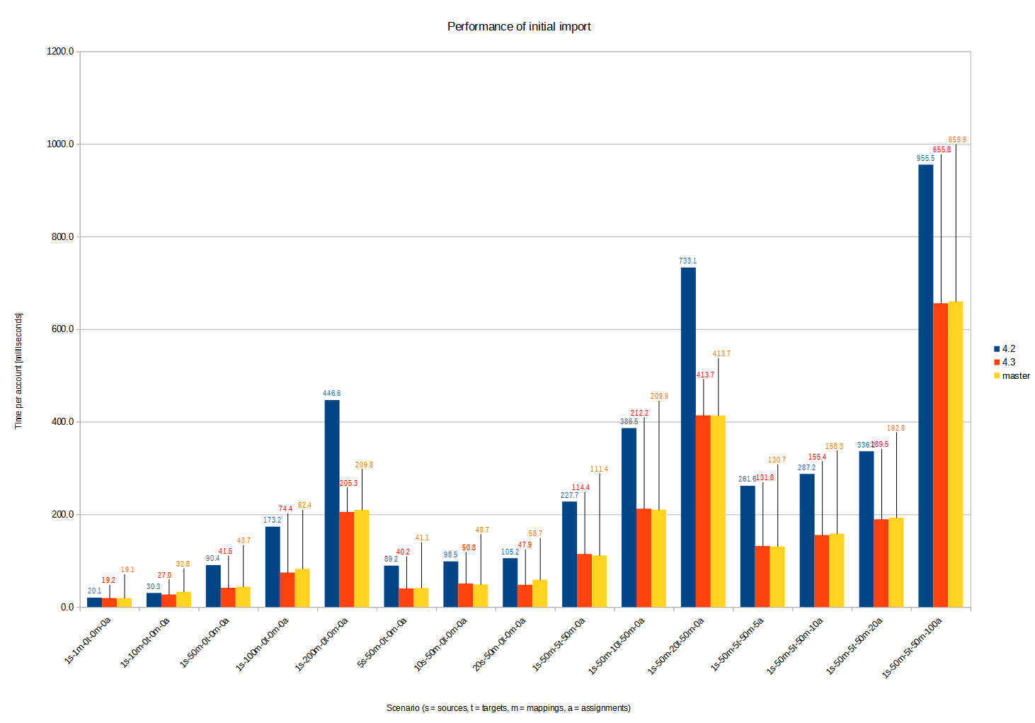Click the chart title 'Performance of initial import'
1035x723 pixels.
pos(519,27)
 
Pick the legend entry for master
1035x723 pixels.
pos(1015,375)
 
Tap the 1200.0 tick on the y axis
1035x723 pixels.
pos(61,52)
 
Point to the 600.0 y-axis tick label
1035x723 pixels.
pos(62,329)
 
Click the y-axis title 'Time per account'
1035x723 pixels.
pos(18,370)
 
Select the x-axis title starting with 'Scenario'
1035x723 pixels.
pos(508,707)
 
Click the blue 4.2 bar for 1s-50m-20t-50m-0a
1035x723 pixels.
pos(688,437)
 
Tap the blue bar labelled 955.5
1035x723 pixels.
pos(925,386)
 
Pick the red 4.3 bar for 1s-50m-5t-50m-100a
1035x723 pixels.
pos(940,455)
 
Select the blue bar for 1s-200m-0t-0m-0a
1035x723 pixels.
pos(332,503)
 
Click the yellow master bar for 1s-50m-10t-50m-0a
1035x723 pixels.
pos(658,558)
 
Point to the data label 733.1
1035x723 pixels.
pos(687,261)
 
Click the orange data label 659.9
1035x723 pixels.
pos(957,140)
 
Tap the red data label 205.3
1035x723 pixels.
pos(348,483)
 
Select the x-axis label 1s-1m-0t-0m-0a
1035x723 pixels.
pos(88,640)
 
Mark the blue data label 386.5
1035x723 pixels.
pos(629,421)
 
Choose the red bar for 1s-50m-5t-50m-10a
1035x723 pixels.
pos(821,571)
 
